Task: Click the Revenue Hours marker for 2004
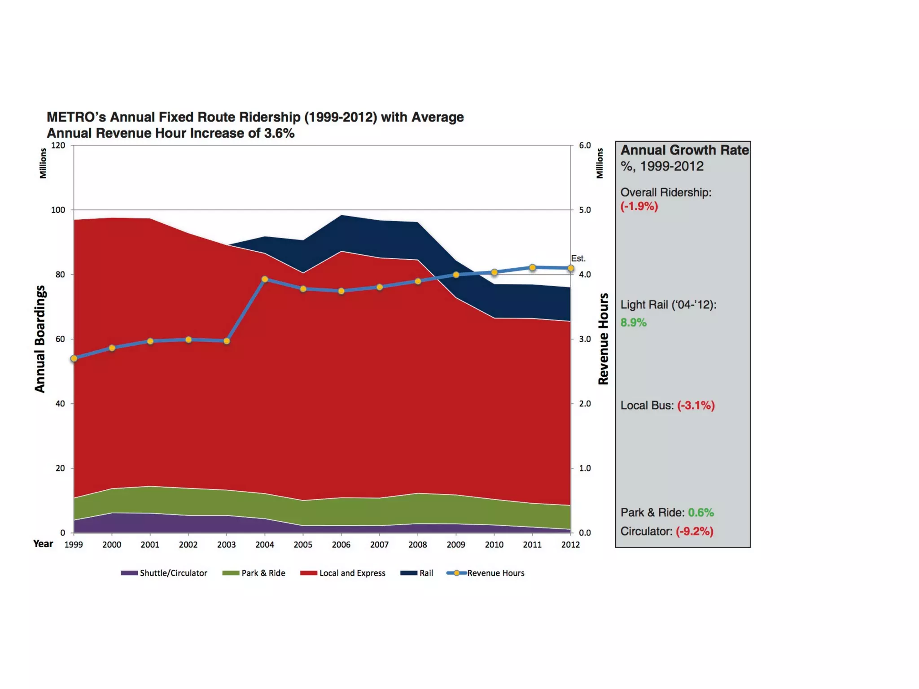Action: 265,279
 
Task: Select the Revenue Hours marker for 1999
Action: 74,358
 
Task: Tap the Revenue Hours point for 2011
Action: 533,267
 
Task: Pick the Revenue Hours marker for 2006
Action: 341,291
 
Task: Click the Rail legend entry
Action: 417,573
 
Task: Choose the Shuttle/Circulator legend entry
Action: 164,573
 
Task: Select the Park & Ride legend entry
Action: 254,573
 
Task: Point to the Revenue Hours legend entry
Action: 486,573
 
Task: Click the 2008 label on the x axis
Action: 418,545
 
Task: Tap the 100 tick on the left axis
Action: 58,210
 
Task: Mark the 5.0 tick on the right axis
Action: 585,210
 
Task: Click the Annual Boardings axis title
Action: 40,339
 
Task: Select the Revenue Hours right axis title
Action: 604,339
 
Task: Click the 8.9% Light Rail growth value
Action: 633,323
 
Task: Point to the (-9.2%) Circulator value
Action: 694,531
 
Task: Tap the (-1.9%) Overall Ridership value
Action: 639,206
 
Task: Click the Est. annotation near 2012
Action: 578,258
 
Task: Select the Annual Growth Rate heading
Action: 684,150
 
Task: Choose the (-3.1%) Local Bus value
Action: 696,406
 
